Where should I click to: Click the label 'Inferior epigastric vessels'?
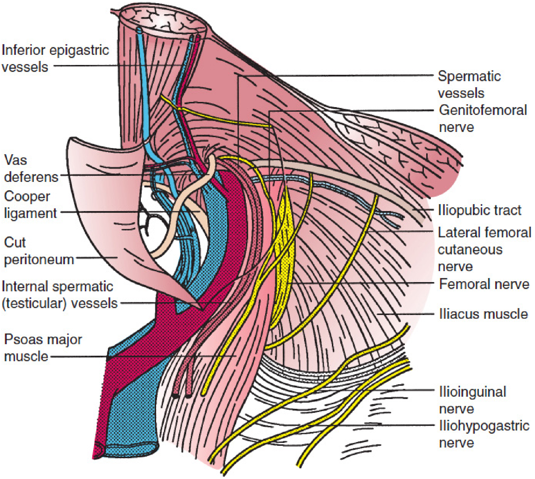click(55, 58)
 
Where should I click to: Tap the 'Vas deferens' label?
click(31, 168)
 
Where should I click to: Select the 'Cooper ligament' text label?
click(30, 204)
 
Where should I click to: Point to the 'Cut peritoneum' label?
click(39, 251)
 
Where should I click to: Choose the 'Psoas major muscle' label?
click(43, 348)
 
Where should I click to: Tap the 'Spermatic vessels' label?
click(469, 85)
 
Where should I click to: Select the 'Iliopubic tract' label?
click(480, 210)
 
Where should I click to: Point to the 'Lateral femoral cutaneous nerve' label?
click(485, 249)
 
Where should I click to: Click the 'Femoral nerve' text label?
click(484, 284)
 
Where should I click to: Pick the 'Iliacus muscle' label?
click(483, 314)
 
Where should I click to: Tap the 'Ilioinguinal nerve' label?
click(472, 400)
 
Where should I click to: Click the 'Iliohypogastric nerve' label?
click(484, 434)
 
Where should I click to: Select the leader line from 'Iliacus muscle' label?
click(405, 314)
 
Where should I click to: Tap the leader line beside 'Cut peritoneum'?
click(96, 258)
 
